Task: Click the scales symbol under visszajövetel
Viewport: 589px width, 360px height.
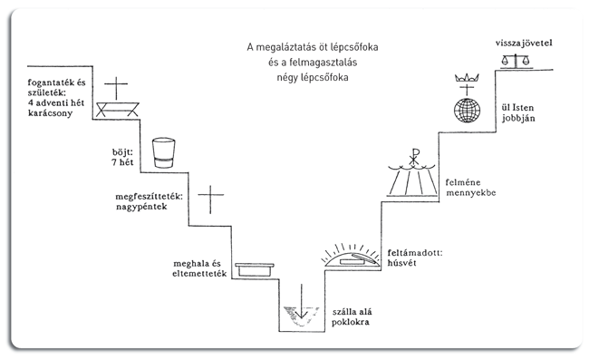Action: click(516, 61)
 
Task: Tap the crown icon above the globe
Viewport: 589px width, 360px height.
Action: click(467, 78)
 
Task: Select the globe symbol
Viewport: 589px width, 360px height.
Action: click(467, 111)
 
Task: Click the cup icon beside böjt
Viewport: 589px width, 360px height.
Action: click(163, 153)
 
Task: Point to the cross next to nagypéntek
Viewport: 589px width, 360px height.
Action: click(211, 199)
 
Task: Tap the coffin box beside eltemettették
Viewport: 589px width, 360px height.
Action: click(255, 270)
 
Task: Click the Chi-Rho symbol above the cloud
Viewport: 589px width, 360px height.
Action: click(414, 157)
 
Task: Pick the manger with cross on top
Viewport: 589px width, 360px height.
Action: click(117, 97)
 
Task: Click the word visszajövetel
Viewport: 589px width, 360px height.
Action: click(524, 44)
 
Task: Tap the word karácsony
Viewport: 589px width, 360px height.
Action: click(51, 113)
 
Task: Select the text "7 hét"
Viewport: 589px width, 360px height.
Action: click(122, 162)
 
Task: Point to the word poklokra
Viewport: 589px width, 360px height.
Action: click(351, 322)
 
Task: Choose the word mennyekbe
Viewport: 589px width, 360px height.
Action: click(471, 193)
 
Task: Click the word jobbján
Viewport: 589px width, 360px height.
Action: click(518, 119)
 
